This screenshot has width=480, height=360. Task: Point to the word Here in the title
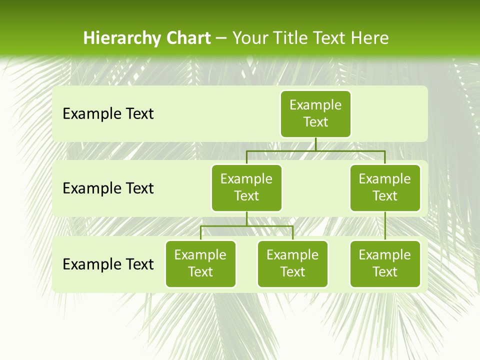(x=369, y=38)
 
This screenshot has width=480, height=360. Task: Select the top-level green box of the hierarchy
(x=315, y=114)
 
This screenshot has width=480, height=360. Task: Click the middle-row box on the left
(x=246, y=188)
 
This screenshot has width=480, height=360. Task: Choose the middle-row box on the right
(x=385, y=188)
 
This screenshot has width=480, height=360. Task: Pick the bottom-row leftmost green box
(x=200, y=264)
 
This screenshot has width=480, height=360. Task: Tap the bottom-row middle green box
(x=292, y=264)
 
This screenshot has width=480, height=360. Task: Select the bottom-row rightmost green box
(x=385, y=264)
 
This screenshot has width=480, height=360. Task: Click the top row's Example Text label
(x=108, y=114)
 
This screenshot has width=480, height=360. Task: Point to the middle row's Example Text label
(x=108, y=188)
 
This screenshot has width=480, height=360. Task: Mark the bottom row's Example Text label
(x=108, y=264)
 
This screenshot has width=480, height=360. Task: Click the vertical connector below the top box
(x=315, y=144)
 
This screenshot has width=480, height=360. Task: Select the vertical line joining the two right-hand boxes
(x=385, y=226)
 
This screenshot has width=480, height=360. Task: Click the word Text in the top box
(x=315, y=122)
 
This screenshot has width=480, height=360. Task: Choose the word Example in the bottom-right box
(x=385, y=255)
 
